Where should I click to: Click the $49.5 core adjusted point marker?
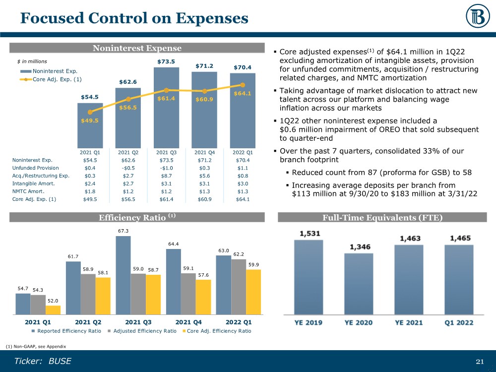point(90,112)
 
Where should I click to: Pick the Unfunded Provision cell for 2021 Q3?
point(166,168)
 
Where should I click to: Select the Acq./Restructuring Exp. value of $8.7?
point(166,176)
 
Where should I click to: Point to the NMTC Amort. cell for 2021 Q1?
point(90,191)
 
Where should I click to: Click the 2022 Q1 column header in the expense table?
point(243,152)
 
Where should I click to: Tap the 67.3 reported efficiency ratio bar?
point(123,275)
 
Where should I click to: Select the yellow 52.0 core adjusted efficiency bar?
point(53,310)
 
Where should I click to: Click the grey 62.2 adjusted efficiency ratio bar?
point(238,287)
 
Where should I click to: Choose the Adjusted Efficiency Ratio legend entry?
point(149,331)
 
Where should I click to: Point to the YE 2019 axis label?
point(309,323)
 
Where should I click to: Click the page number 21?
point(479,361)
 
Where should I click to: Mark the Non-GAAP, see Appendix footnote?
point(36,346)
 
